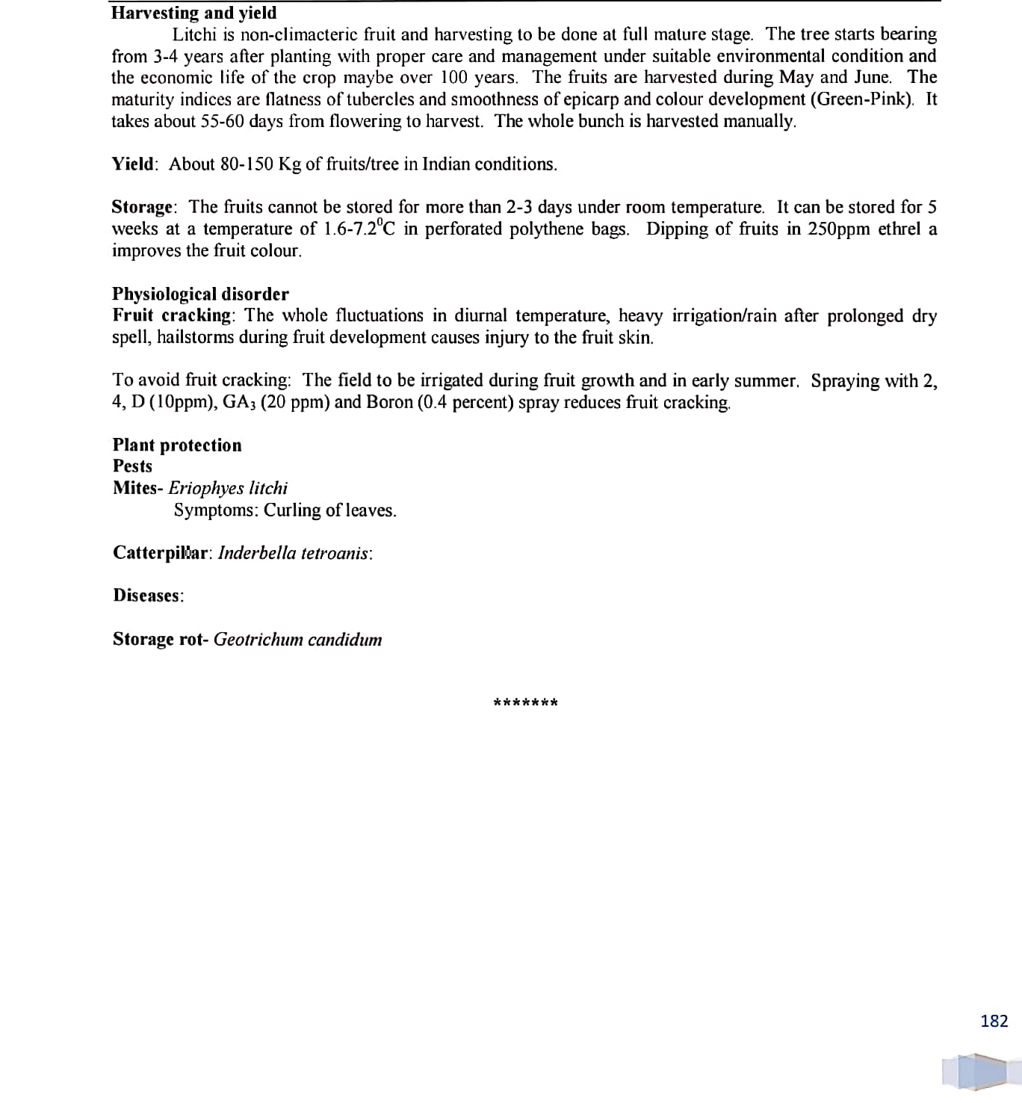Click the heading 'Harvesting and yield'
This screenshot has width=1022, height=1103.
coord(193,13)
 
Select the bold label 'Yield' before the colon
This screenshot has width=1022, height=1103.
coord(133,164)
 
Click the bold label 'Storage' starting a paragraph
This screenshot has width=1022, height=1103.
coord(142,207)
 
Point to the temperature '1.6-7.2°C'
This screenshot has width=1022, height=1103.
coord(359,229)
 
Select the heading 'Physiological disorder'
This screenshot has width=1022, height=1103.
coord(200,294)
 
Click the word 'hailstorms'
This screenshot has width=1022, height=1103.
coord(196,337)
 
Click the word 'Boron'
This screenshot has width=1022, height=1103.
coord(389,402)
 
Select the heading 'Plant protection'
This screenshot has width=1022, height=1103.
coord(177,445)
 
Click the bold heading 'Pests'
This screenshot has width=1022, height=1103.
coord(132,466)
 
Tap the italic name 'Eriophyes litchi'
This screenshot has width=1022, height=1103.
coord(228,488)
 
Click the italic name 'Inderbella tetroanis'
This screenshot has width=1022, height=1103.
coord(294,553)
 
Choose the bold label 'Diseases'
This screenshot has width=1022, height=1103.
coord(147,596)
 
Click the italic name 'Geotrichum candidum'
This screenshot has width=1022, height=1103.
coord(297,640)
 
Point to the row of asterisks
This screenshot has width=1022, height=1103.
coord(525,702)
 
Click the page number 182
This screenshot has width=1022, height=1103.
coord(994,1021)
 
